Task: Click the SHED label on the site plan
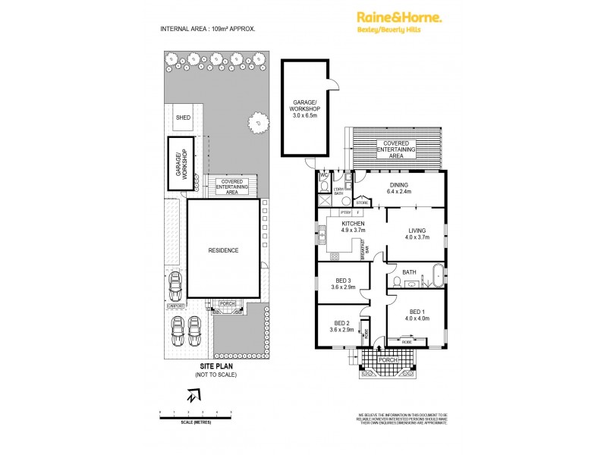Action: click(183, 118)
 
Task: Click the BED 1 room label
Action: click(417, 312)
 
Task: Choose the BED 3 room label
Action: click(340, 281)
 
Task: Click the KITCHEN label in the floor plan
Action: click(354, 224)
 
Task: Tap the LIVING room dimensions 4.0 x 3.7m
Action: click(417, 237)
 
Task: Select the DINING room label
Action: click(399, 184)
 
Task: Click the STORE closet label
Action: click(362, 203)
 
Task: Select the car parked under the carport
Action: click(175, 287)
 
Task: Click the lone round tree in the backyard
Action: click(259, 121)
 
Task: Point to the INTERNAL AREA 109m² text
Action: click(207, 29)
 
